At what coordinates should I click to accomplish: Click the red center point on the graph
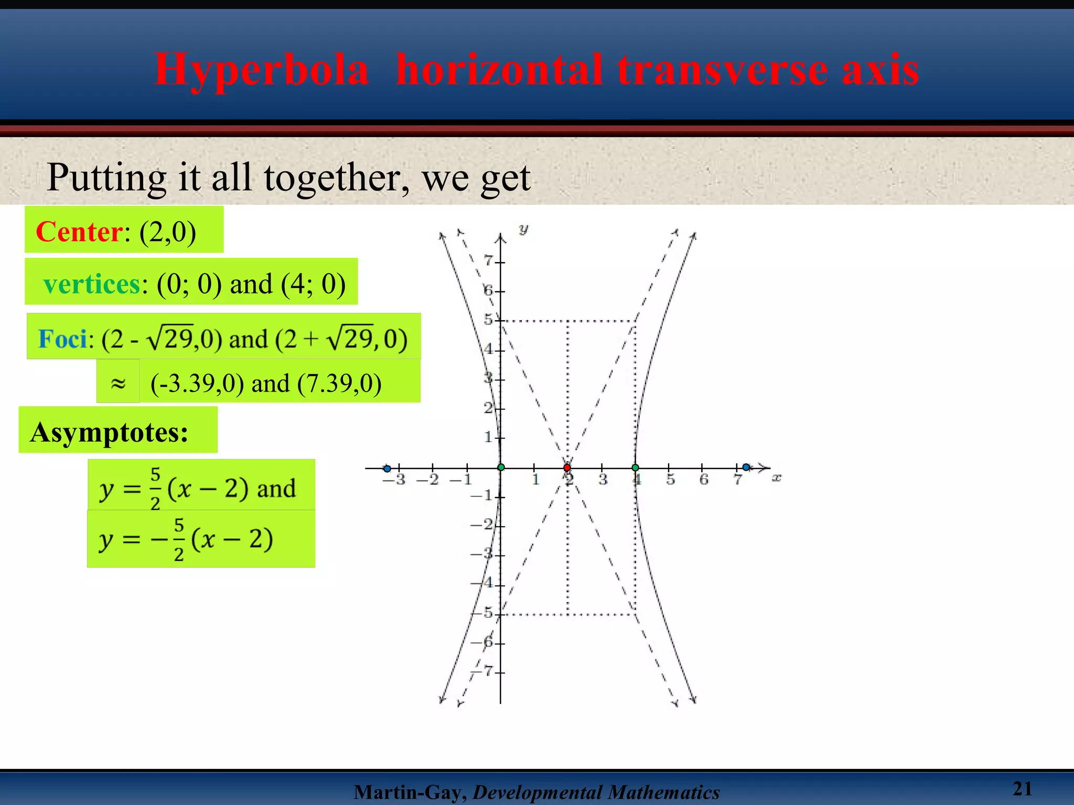(567, 467)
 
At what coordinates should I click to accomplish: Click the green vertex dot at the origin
(501, 467)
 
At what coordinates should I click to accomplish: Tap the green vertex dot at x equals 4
(635, 467)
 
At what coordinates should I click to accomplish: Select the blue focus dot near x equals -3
(387, 469)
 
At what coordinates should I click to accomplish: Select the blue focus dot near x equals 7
(746, 467)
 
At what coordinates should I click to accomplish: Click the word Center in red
(80, 232)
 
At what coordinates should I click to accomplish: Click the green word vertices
(92, 285)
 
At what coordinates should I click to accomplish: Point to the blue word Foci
(62, 339)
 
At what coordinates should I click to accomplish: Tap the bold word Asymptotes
(109, 433)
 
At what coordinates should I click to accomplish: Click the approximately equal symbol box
(118, 383)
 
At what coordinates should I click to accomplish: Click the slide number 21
(1022, 788)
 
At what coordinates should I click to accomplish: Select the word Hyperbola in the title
(261, 70)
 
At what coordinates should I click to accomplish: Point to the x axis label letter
(777, 477)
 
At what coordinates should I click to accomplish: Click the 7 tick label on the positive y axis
(488, 260)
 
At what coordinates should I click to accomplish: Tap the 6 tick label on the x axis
(704, 480)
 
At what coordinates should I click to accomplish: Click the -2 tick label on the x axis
(428, 480)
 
